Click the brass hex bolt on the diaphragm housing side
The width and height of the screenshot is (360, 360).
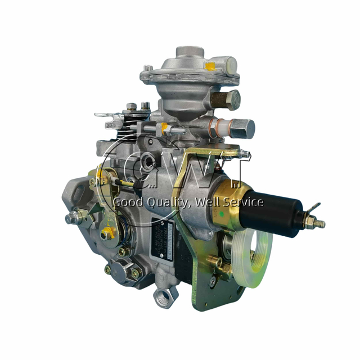pyautogui.click(x=225, y=100)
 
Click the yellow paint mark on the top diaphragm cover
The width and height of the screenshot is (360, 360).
pyautogui.click(x=210, y=66)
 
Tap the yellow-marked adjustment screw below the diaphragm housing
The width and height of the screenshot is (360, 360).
pyautogui.click(x=165, y=128)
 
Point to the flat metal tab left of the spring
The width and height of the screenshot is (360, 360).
pyautogui.click(x=107, y=117)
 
